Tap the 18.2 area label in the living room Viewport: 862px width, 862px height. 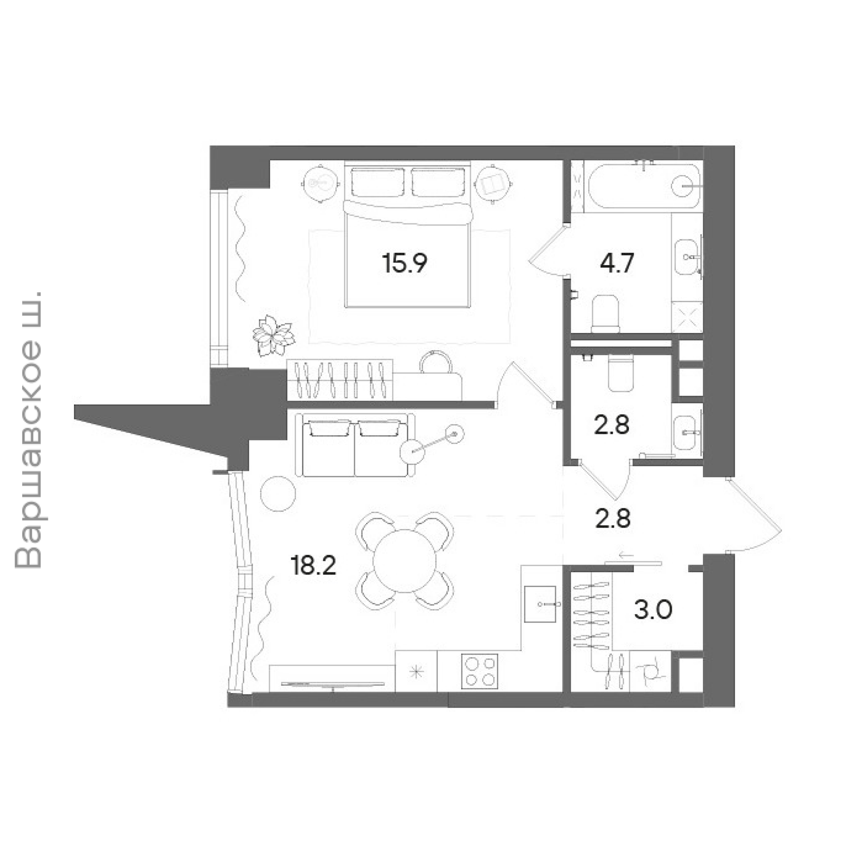pos(313,566)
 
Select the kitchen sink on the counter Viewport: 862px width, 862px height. pos(540,604)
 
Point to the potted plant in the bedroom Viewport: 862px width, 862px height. pos(274,335)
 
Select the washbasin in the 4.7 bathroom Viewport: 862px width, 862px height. pos(686,258)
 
